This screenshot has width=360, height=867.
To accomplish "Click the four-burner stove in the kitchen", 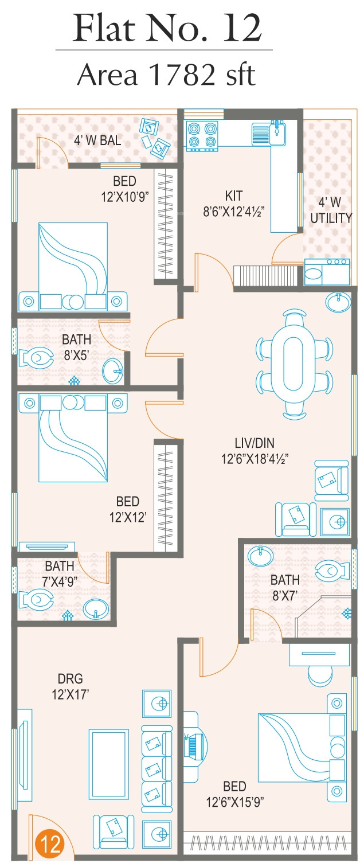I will [x=203, y=135].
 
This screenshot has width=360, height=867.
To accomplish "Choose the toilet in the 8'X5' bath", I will [x=36, y=359].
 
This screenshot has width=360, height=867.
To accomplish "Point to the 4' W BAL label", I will [x=97, y=140].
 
